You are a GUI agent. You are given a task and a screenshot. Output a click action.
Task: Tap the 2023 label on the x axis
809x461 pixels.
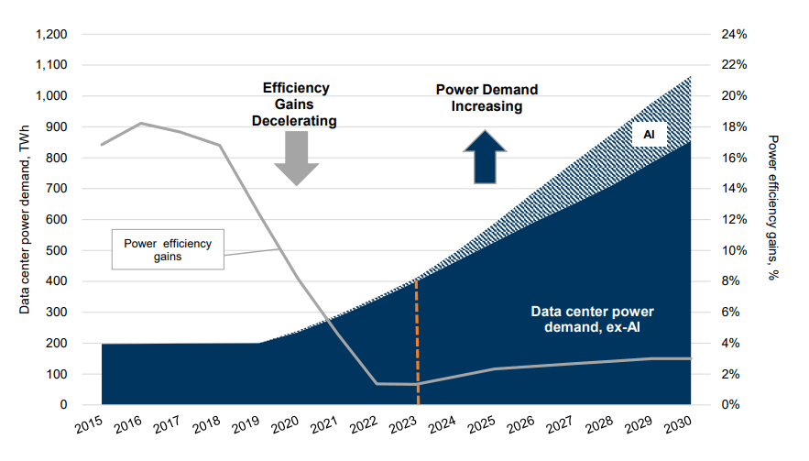point(404,425)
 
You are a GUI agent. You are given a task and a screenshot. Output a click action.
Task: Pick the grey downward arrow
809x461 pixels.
point(297,159)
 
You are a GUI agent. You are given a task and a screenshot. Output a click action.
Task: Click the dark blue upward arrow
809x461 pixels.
point(482,157)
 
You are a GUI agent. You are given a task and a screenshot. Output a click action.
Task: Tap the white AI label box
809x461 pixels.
point(649,135)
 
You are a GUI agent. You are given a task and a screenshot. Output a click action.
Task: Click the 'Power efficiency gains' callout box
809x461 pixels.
point(168,249)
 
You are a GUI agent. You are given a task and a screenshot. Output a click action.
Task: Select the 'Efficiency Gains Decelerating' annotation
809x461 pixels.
point(296,104)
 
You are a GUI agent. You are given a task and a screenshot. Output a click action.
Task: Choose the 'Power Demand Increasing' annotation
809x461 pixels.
point(486,98)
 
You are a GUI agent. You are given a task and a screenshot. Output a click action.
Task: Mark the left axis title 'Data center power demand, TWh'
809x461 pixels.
point(25,219)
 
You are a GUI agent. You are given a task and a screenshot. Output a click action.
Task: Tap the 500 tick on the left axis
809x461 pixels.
point(59,250)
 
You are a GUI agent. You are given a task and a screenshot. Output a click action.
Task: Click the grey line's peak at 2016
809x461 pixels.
point(141,123)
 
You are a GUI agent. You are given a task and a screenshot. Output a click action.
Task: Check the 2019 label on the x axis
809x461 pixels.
point(246,425)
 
